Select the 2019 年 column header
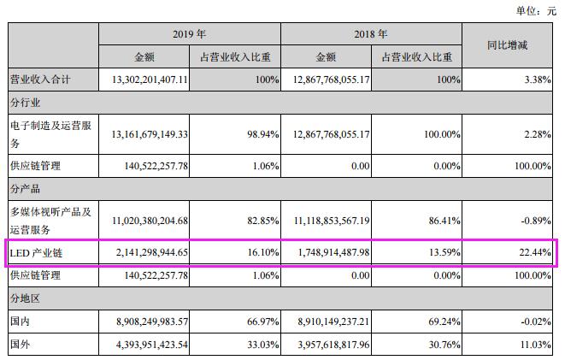(189, 34)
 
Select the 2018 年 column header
(371, 34)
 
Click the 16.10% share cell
(262, 254)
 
